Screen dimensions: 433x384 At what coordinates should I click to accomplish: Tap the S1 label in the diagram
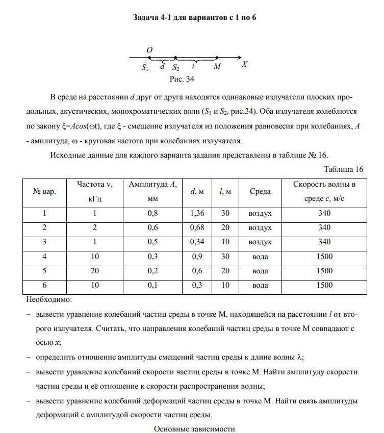[145, 67]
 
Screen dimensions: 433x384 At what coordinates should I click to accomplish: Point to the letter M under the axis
[217, 66]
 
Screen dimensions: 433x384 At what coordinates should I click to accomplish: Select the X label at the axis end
[245, 65]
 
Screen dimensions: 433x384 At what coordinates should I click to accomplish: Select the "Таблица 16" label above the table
[343, 169]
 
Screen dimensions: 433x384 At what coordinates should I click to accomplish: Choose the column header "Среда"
[260, 191]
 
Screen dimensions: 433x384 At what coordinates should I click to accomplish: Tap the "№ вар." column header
[44, 191]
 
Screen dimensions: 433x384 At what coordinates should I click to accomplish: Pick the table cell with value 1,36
[197, 213]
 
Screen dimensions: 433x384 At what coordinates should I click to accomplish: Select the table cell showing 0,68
[197, 227]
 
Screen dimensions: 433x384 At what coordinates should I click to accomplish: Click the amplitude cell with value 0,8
[152, 213]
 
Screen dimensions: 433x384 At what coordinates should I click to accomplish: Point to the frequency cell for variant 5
[95, 271]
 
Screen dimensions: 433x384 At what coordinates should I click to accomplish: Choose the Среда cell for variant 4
[260, 257]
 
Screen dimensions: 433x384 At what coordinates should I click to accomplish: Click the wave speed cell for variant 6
[324, 285]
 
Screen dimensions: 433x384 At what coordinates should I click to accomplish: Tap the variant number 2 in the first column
[44, 227]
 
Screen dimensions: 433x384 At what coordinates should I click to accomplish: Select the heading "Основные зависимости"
[194, 428]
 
